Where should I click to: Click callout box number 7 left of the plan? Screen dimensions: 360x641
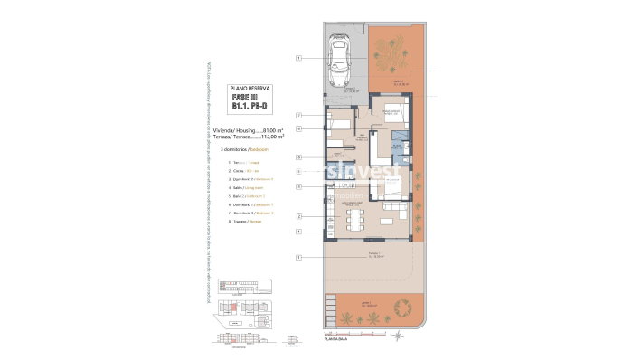tap(297, 116)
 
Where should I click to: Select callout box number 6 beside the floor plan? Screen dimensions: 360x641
tap(297, 128)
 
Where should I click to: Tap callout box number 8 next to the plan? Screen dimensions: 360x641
tap(297, 156)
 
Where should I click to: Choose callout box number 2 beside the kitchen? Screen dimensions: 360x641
tap(297, 217)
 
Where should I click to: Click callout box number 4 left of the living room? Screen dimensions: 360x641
tap(297, 232)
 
